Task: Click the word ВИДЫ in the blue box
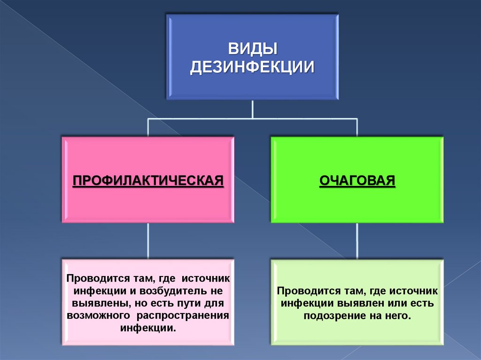click(x=252, y=48)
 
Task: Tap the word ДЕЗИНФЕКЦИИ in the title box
click(x=252, y=67)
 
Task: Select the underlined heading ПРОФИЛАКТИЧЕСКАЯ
click(x=147, y=180)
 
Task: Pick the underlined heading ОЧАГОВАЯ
click(x=357, y=180)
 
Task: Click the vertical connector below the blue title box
click(x=253, y=109)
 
